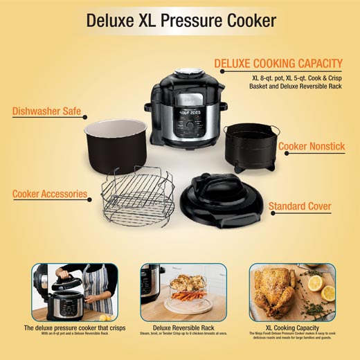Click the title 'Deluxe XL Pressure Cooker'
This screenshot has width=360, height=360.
tap(180, 20)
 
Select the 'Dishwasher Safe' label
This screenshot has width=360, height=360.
tap(47, 111)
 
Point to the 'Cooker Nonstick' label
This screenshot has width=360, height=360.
tap(312, 147)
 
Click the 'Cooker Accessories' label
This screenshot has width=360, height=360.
tap(50, 194)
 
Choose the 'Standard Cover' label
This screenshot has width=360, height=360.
tap(300, 206)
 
